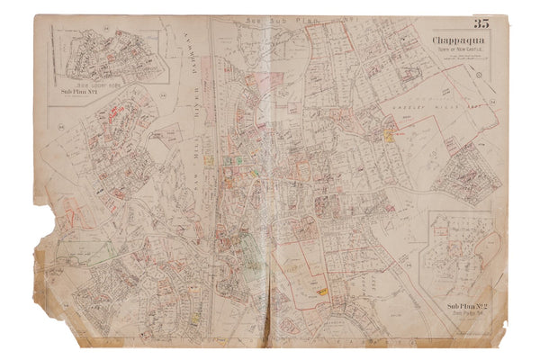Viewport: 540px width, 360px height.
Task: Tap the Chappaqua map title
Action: tap(448, 39)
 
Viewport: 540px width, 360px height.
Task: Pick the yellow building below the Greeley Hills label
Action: tap(388, 138)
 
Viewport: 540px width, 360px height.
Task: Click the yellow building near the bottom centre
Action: tap(321, 292)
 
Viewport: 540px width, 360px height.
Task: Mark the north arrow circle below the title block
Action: tap(480, 76)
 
